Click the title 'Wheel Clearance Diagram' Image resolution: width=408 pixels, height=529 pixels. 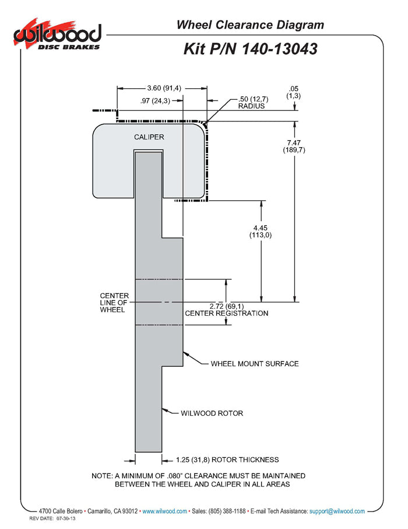coord(250,25)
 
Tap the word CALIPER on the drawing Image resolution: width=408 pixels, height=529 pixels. coord(149,137)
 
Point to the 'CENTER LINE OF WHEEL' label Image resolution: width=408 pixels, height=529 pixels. coord(114,303)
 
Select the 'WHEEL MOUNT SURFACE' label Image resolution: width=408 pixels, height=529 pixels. coord(255,364)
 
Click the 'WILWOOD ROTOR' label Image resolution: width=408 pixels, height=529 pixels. coord(212,413)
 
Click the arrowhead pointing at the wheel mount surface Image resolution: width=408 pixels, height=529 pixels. coord(186,353)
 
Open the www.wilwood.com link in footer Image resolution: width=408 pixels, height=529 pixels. coord(164,511)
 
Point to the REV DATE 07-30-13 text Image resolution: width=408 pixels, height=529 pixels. coord(52,518)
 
